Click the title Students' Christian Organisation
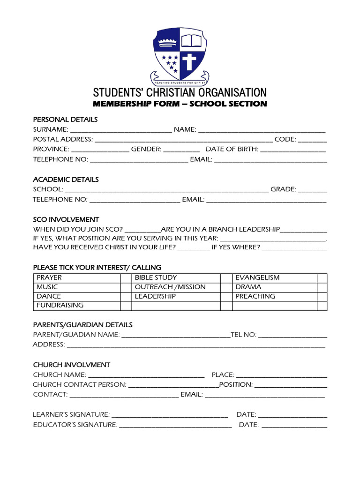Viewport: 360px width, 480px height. point(180,92)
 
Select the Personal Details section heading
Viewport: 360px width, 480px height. point(65,120)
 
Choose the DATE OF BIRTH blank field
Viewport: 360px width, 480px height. point(293,150)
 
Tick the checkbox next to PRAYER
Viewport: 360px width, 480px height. point(126,278)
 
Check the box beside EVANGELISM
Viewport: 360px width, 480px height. point(322,278)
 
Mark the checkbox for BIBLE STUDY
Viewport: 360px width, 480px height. point(226,278)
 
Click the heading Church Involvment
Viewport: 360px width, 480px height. point(71,365)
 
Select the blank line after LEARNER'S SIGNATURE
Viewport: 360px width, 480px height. point(170,415)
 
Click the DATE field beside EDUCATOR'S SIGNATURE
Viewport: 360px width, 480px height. point(294,426)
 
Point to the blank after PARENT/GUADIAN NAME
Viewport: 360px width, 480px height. point(175,335)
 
